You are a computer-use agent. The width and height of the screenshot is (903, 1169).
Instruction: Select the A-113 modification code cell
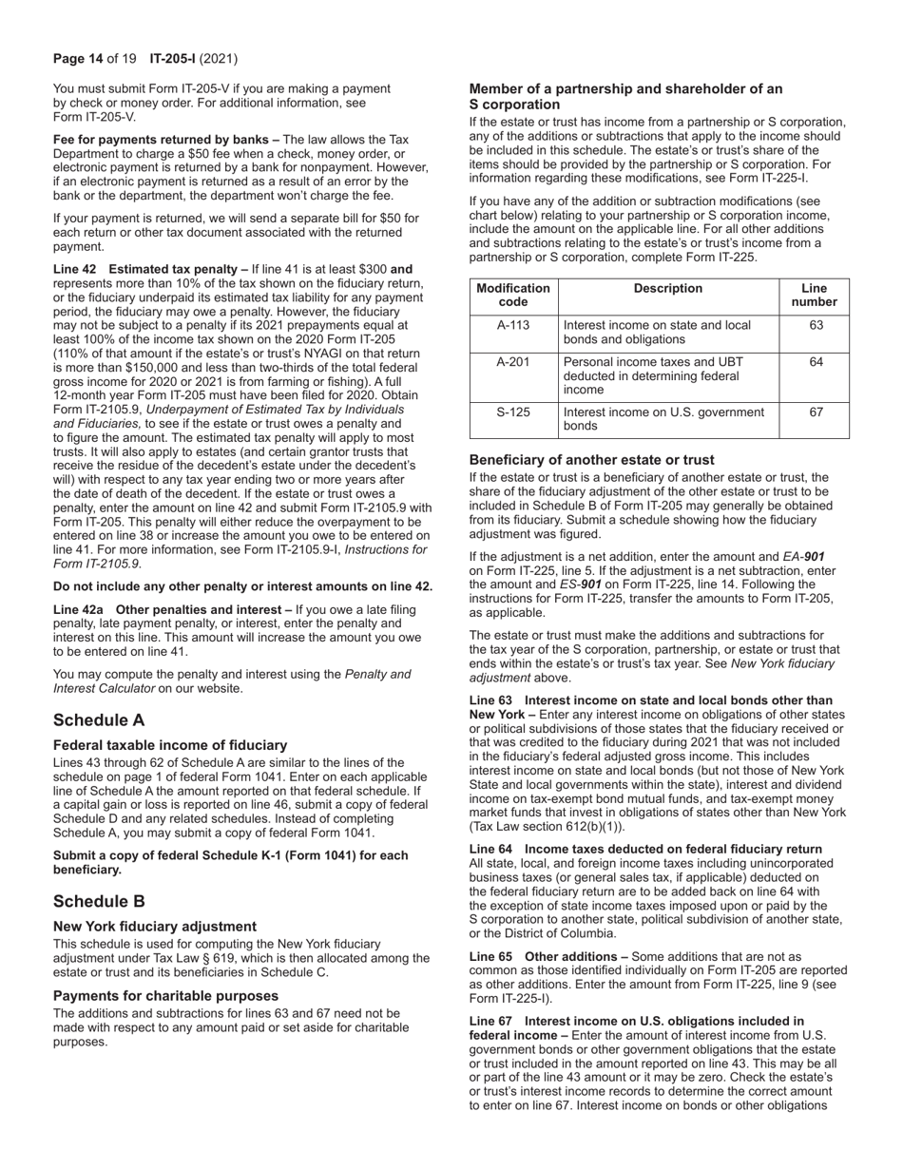click(x=514, y=325)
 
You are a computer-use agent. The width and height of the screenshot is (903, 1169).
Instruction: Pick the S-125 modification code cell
click(x=514, y=412)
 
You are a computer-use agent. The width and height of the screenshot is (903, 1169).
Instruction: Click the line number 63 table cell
click(x=815, y=325)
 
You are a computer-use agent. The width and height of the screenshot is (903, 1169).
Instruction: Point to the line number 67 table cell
click(x=815, y=412)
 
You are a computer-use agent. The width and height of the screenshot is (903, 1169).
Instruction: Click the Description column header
click(x=668, y=289)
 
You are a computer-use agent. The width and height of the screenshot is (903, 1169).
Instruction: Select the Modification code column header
click(x=514, y=296)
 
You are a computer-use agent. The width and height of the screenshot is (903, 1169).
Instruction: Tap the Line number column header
click(x=815, y=296)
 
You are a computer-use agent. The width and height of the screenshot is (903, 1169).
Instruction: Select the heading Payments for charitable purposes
click(x=165, y=995)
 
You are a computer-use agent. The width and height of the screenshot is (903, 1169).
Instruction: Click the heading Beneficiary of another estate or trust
click(x=591, y=460)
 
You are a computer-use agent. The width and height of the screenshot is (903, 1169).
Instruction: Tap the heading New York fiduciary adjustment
click(x=155, y=926)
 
